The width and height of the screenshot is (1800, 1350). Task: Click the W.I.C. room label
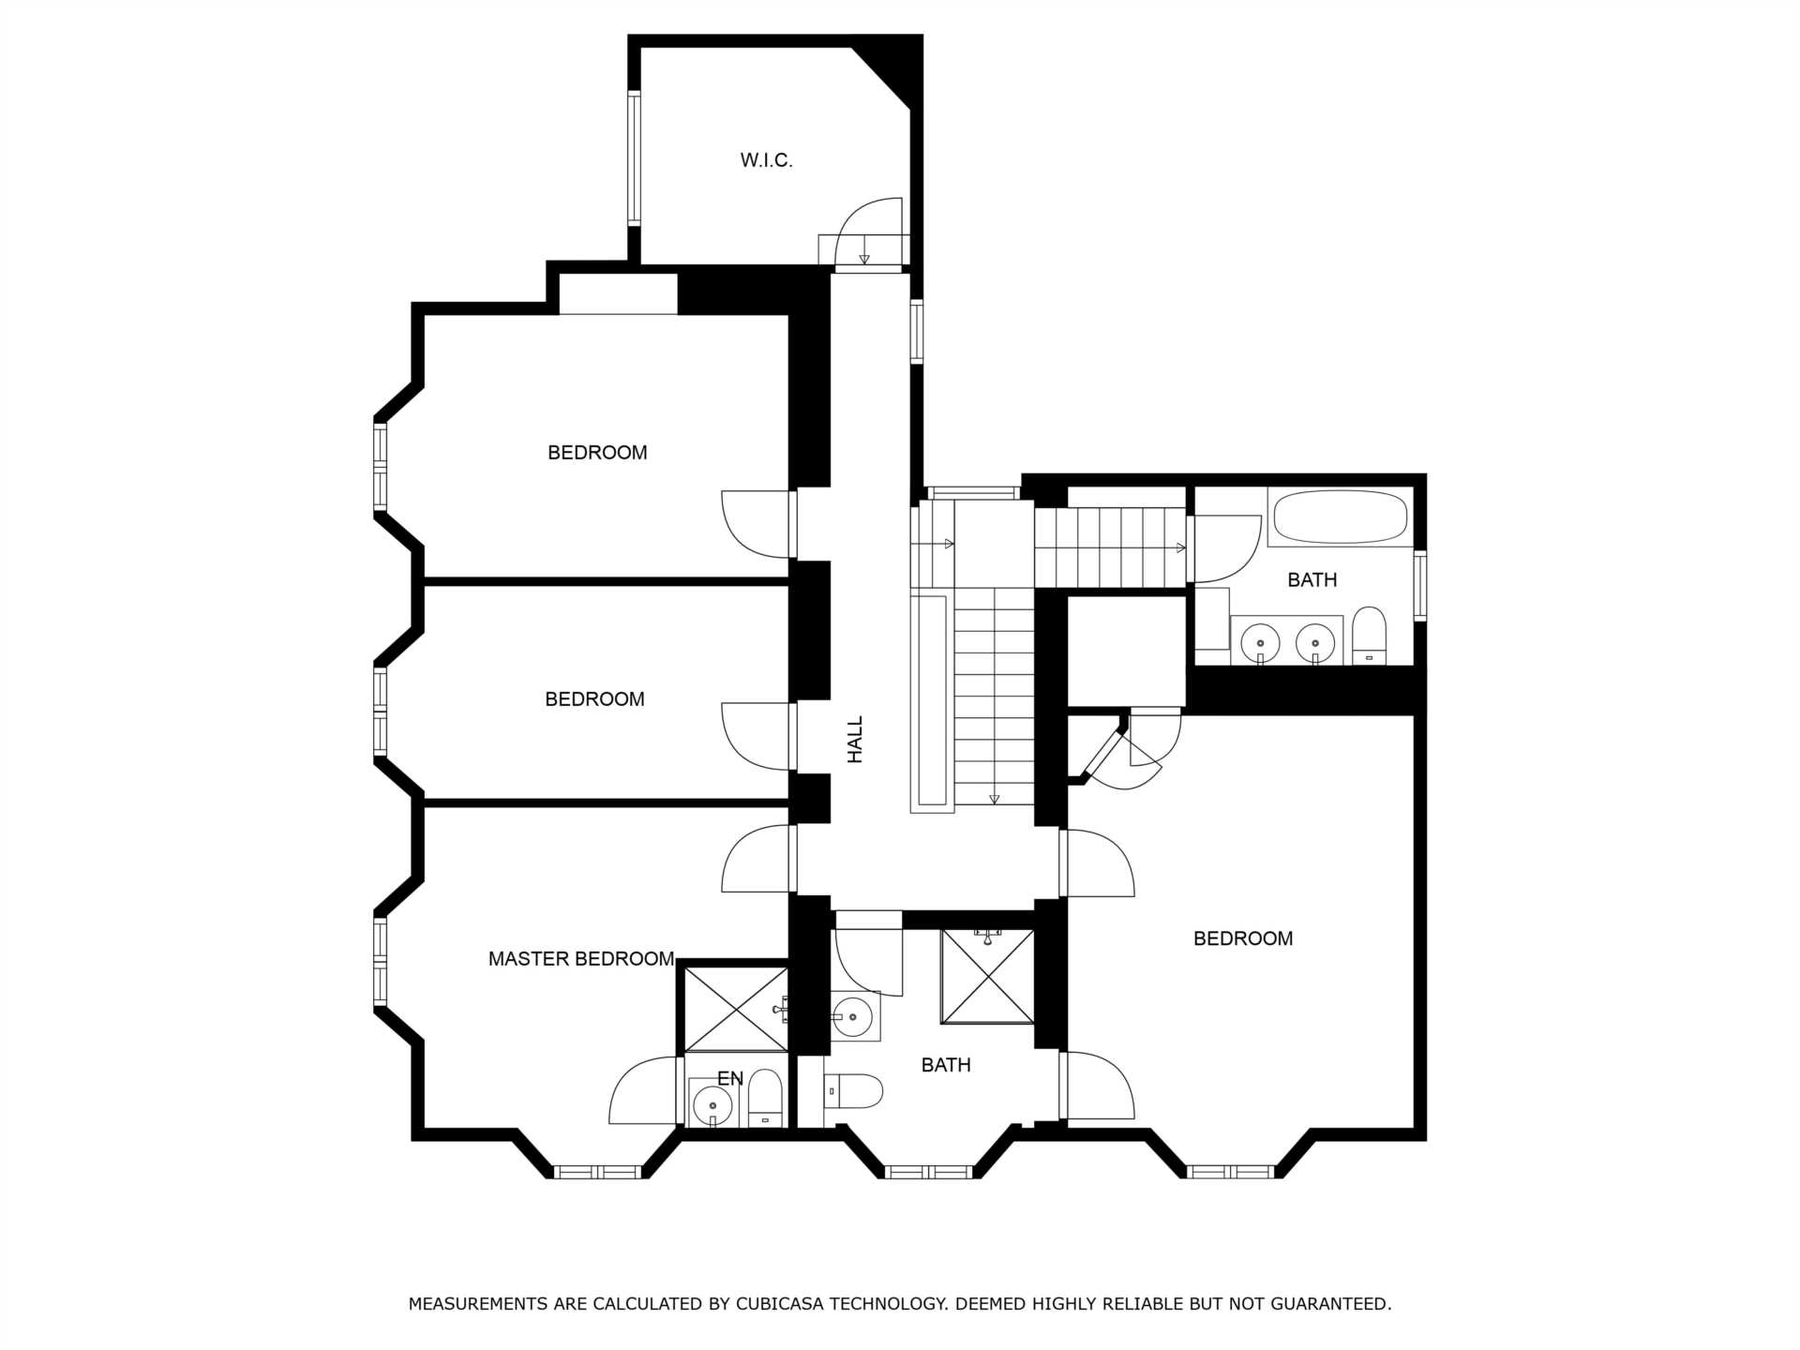[x=766, y=160]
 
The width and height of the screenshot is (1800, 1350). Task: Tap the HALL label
[x=855, y=740]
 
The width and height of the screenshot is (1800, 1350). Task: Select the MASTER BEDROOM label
[x=581, y=958]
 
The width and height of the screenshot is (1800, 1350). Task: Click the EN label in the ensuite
[x=730, y=1078]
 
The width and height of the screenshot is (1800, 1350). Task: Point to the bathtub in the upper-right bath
[x=1341, y=517]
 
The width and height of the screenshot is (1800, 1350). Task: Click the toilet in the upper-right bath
[x=1370, y=636]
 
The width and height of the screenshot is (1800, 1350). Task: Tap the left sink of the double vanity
[x=1261, y=643]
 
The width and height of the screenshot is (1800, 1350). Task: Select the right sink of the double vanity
[x=1315, y=643]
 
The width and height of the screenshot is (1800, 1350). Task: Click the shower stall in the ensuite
[x=736, y=1009]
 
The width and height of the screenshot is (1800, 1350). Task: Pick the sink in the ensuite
[x=712, y=1105]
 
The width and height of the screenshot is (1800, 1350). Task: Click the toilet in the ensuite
[x=765, y=1098]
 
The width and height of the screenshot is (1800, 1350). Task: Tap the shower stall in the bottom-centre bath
[x=987, y=976]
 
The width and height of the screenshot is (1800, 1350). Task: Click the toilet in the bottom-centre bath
[x=854, y=1091]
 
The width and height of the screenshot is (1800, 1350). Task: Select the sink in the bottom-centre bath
[x=852, y=1016]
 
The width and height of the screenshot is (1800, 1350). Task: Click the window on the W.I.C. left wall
[x=634, y=157]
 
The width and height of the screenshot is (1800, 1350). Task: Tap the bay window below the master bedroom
[x=596, y=1172]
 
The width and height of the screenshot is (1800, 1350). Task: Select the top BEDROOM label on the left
[x=597, y=453]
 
